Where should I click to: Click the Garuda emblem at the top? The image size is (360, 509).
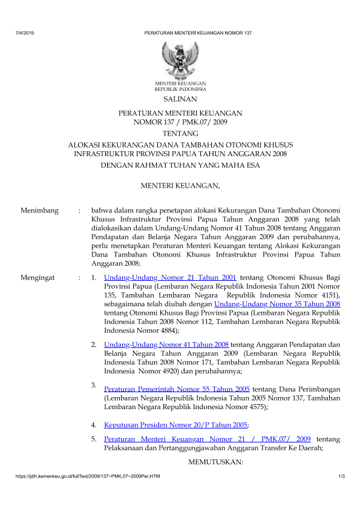(x=180, y=59)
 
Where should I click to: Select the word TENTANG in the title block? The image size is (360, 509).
(x=180, y=133)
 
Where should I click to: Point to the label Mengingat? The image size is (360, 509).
(x=38, y=277)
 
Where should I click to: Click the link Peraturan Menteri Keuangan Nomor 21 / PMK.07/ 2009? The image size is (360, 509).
(x=208, y=439)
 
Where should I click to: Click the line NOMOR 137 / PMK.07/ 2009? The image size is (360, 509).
(x=180, y=121)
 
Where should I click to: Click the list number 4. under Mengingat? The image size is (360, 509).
(x=94, y=425)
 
